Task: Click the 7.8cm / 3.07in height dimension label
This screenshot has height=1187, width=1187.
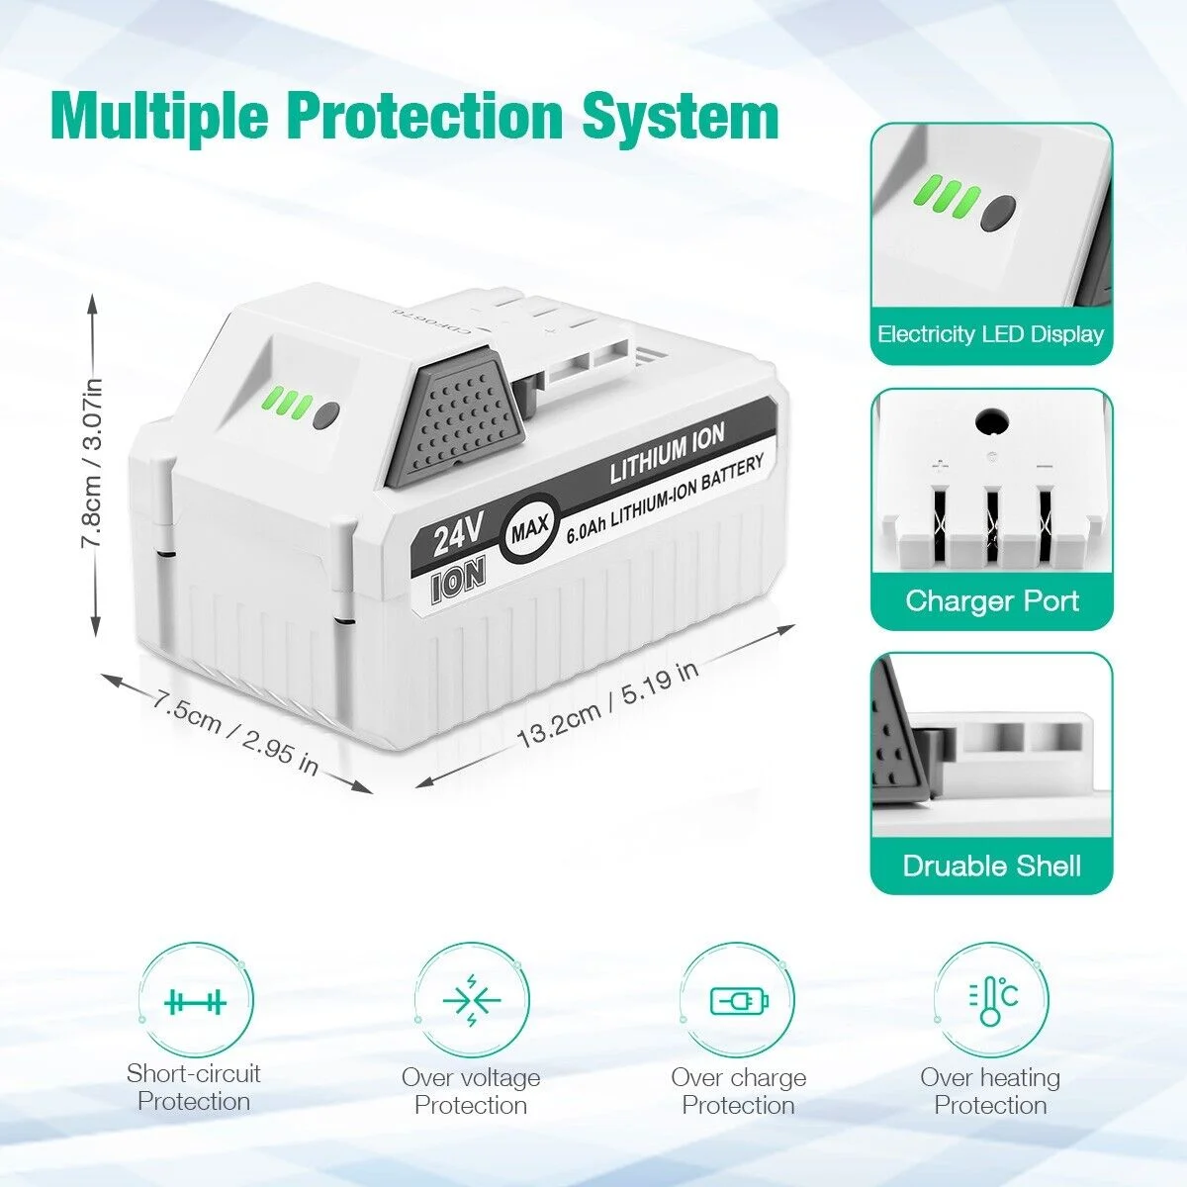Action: (93, 471)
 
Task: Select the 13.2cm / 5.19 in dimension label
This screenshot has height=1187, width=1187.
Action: (607, 704)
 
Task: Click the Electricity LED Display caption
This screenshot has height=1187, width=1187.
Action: (990, 334)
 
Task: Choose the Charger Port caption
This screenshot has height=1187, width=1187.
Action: (992, 600)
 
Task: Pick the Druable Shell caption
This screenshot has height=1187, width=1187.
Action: (992, 866)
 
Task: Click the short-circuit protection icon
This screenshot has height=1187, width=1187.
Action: (195, 1003)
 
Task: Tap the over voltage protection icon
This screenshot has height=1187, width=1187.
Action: (472, 1001)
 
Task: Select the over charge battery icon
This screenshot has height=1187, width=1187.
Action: (739, 1001)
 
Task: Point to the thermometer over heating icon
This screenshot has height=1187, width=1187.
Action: (992, 1001)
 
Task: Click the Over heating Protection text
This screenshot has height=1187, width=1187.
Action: (990, 1091)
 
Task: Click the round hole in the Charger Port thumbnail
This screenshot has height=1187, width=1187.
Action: (992, 422)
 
